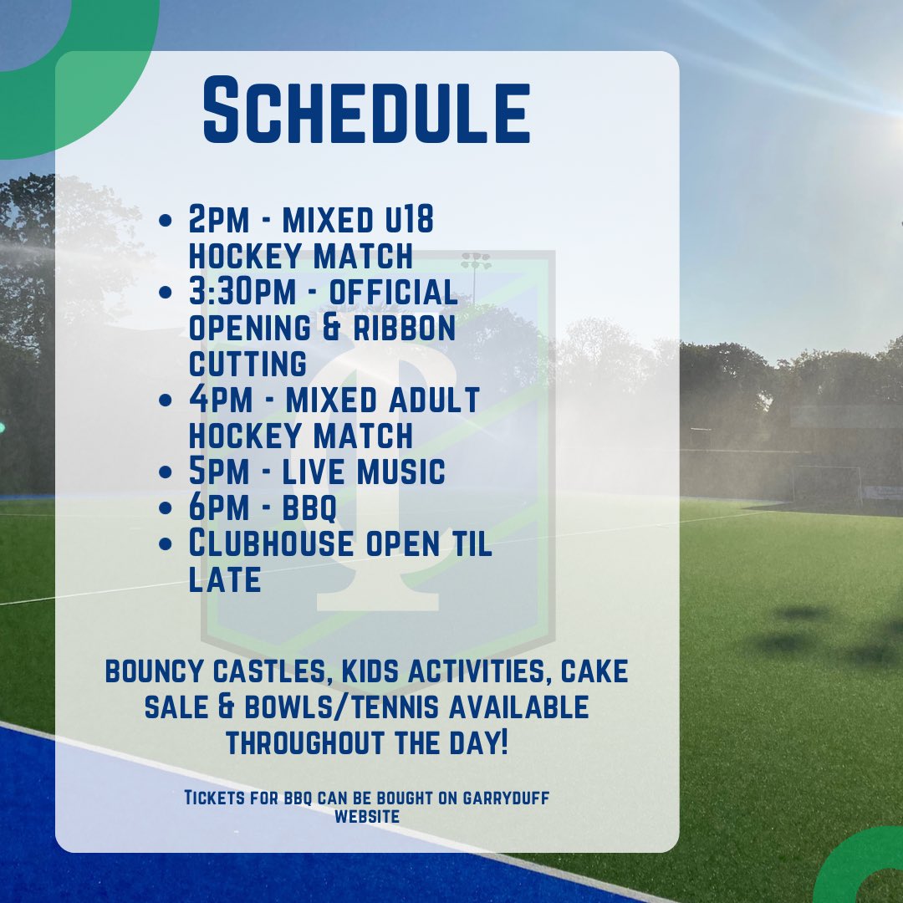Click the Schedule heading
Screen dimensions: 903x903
tap(367, 111)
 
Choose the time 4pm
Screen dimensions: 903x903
tap(221, 399)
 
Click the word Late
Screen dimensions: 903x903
tap(224, 579)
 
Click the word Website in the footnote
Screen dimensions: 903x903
tap(366, 815)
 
